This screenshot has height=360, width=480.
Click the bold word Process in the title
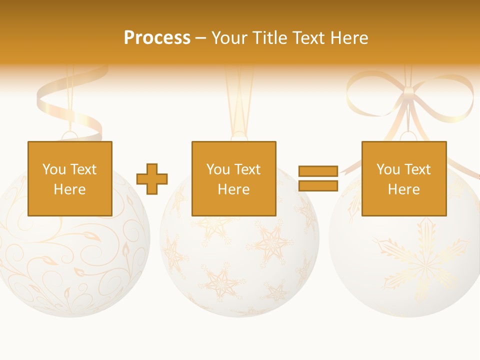157,38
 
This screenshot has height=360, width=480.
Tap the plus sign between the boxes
152,179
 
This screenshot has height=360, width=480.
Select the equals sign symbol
318,178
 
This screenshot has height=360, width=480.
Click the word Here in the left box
69,189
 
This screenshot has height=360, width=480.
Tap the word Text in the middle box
248,169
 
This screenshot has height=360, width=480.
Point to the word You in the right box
388,169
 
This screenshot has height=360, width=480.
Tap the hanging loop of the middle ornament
239,135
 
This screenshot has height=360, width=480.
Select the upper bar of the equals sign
318,171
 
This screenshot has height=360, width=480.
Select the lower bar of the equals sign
318,186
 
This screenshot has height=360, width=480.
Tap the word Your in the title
230,38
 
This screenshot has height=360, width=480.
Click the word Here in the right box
403,189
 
